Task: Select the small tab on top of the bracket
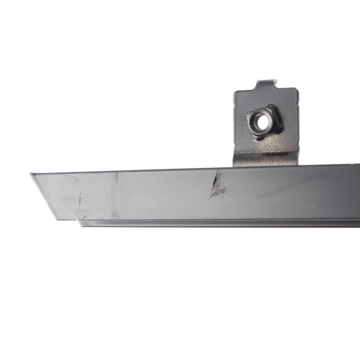pyautogui.click(x=266, y=85)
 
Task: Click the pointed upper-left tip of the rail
pyautogui.click(x=31, y=174)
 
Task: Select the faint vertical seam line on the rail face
pyautogui.click(x=116, y=195)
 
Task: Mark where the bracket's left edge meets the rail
pyautogui.click(x=234, y=166)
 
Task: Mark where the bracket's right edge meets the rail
pyautogui.click(x=297, y=165)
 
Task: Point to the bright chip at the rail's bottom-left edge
pyautogui.click(x=85, y=218)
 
